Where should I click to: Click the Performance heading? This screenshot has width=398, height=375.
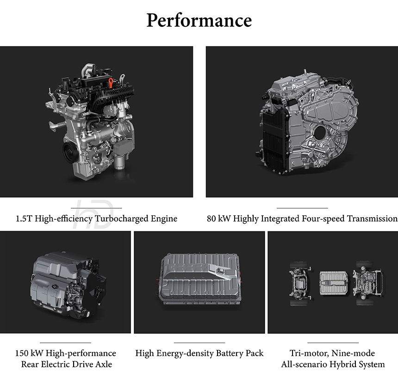tap(199, 20)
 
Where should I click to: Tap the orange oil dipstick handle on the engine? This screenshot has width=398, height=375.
tap(111, 83)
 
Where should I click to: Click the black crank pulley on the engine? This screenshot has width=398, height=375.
tap(69, 151)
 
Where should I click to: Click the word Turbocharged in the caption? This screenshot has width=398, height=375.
tap(122, 219)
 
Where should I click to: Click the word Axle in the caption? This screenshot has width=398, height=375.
tap(104, 364)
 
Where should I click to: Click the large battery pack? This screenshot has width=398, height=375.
tap(199, 279)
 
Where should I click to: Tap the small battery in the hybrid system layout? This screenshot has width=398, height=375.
tap(334, 283)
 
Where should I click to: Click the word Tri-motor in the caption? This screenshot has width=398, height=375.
tap(310, 353)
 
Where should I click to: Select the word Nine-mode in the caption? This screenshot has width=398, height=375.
tap(353, 353)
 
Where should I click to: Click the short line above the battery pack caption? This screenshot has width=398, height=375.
tap(199, 343)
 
